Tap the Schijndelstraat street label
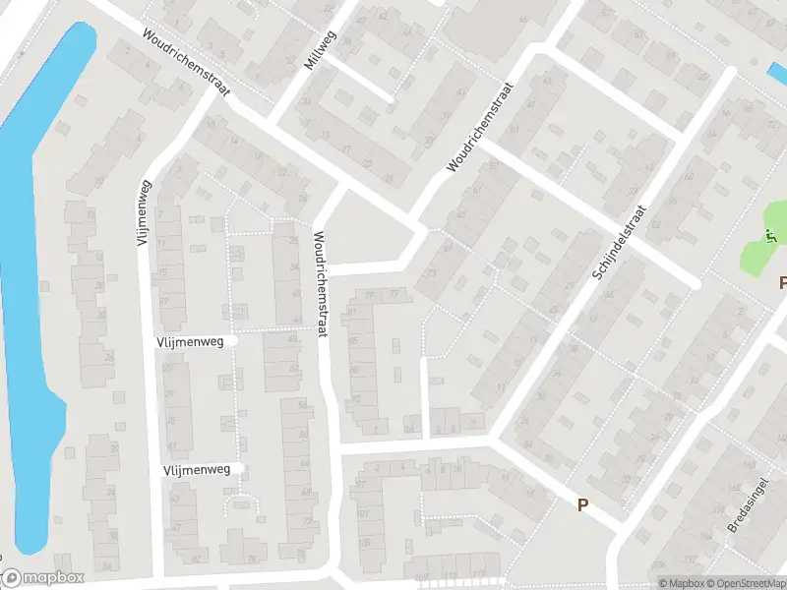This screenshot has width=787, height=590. tap(618, 243)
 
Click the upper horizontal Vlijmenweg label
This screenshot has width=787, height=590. tap(190, 341)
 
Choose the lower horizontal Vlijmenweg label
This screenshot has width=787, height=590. tap(197, 470)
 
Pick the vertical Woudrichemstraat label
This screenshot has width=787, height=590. tap(319, 285)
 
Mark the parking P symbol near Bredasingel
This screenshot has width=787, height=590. tap(582, 505)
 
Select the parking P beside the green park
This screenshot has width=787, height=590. tap(782, 282)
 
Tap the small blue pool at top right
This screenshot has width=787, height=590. tap(775, 73)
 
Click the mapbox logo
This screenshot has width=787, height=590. tap(43, 578)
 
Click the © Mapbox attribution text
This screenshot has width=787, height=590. tap(681, 583)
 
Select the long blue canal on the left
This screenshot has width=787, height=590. tap(30, 295)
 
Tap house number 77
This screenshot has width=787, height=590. tap(393, 294)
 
